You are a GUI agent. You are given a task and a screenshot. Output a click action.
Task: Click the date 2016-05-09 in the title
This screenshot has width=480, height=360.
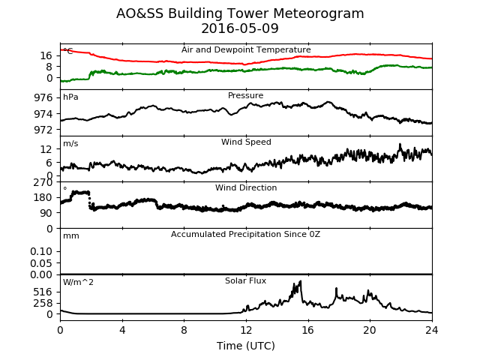[x=240, y=28]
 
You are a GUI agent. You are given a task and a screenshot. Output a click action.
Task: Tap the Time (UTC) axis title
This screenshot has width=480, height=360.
[x=246, y=346]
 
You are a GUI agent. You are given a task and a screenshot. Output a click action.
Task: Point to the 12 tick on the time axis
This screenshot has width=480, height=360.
[x=246, y=330]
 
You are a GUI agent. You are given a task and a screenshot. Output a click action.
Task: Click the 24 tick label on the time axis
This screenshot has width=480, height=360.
[x=432, y=330]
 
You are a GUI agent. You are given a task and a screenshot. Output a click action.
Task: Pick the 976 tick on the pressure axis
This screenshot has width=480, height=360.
[x=43, y=98]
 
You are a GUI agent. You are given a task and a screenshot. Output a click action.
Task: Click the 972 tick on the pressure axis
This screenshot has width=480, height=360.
[x=43, y=130]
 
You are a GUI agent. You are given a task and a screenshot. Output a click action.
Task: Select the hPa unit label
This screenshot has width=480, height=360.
[x=70, y=97]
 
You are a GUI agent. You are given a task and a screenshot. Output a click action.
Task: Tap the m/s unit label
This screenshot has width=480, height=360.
[x=70, y=143]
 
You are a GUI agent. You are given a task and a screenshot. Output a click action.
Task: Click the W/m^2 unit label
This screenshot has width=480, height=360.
[x=78, y=282]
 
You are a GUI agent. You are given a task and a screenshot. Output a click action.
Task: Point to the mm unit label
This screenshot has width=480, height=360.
[x=71, y=236]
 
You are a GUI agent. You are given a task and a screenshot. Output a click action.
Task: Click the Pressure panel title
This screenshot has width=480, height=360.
[x=245, y=95]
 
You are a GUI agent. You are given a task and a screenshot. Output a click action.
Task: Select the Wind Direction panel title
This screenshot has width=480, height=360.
[x=246, y=187]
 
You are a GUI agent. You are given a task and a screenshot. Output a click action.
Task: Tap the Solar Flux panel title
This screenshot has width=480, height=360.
[x=245, y=280]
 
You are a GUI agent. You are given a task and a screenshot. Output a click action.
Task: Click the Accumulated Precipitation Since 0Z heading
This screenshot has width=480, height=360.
[x=245, y=234]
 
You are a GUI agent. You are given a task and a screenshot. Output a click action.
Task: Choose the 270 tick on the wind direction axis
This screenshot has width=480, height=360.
[x=43, y=182]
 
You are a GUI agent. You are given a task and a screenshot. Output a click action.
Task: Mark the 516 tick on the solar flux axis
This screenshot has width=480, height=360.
[x=43, y=292]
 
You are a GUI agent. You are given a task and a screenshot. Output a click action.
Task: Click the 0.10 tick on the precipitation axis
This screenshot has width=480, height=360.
[x=41, y=252]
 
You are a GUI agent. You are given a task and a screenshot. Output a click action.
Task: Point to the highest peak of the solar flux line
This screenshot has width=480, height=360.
[x=300, y=281]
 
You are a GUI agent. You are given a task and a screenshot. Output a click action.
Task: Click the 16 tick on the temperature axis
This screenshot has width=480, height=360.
[x=46, y=55]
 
